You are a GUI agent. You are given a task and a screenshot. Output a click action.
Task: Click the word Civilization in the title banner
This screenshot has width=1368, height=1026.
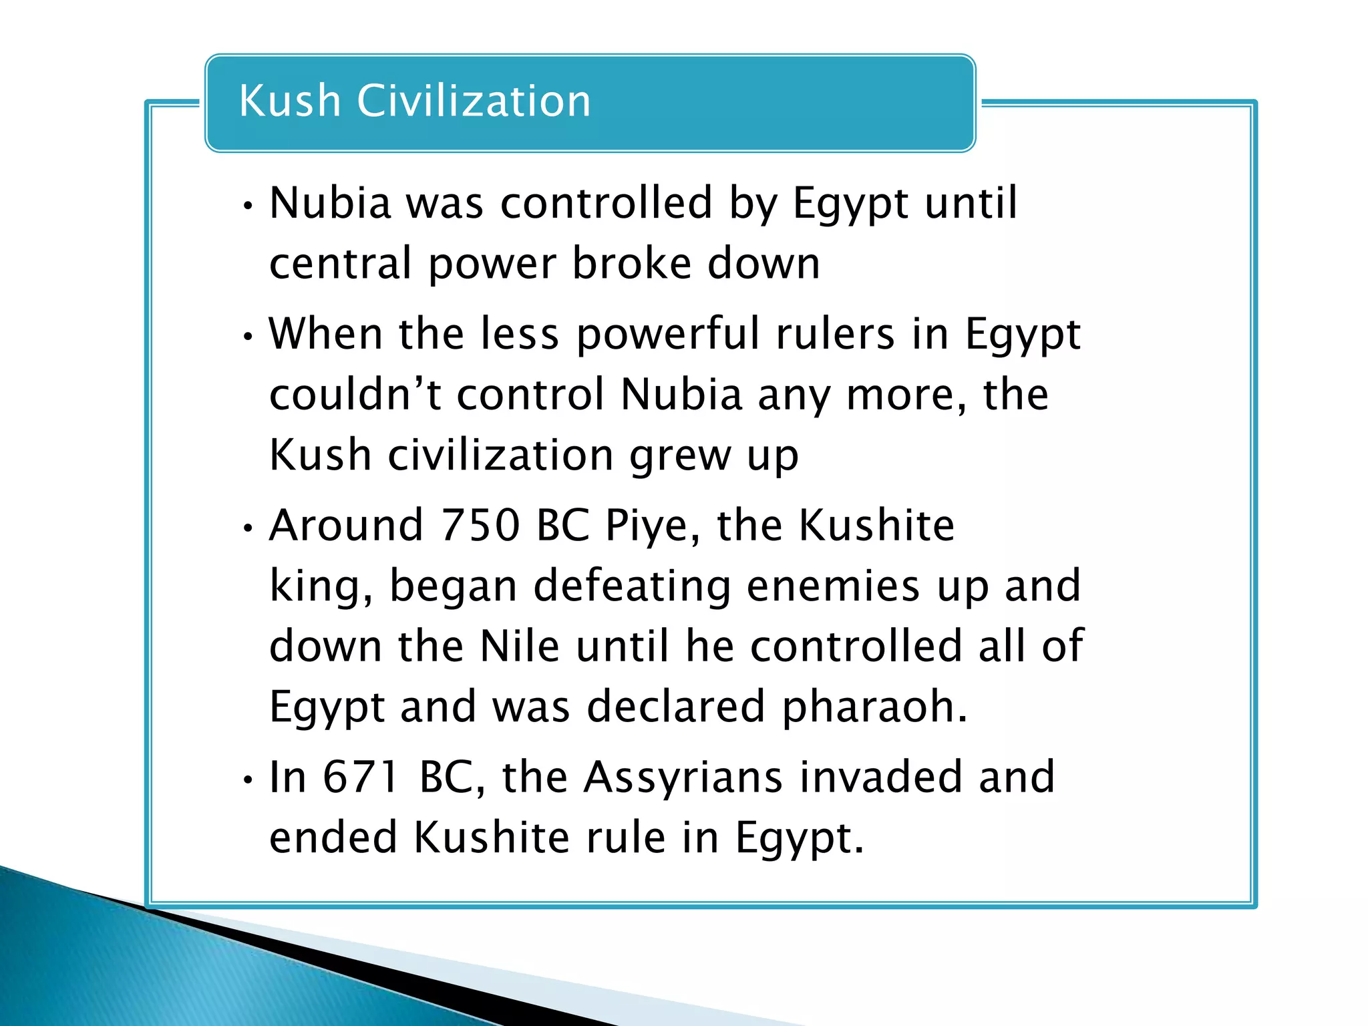(474, 101)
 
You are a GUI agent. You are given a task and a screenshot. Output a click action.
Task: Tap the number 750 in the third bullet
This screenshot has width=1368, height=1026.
(480, 525)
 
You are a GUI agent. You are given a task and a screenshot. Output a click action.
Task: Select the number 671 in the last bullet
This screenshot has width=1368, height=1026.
(361, 777)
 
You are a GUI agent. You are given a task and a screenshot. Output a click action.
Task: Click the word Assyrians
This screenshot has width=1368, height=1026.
(683, 778)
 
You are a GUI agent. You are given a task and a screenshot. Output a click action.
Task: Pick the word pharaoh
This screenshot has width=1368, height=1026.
(874, 707)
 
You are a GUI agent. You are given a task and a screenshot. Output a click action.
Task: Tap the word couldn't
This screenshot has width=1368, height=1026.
(355, 394)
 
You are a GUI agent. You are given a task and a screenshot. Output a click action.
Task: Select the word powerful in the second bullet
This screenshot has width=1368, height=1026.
(667, 333)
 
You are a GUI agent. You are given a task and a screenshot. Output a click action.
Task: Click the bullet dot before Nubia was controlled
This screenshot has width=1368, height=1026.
(248, 206)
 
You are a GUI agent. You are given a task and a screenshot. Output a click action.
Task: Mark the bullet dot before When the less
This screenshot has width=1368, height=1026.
(248, 337)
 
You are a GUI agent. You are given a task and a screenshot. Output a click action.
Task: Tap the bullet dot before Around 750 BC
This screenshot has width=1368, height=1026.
(248, 528)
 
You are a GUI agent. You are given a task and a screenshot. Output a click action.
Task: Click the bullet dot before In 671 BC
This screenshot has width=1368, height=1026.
(248, 780)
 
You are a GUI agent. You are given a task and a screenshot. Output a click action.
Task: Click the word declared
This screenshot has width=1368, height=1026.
(675, 707)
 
